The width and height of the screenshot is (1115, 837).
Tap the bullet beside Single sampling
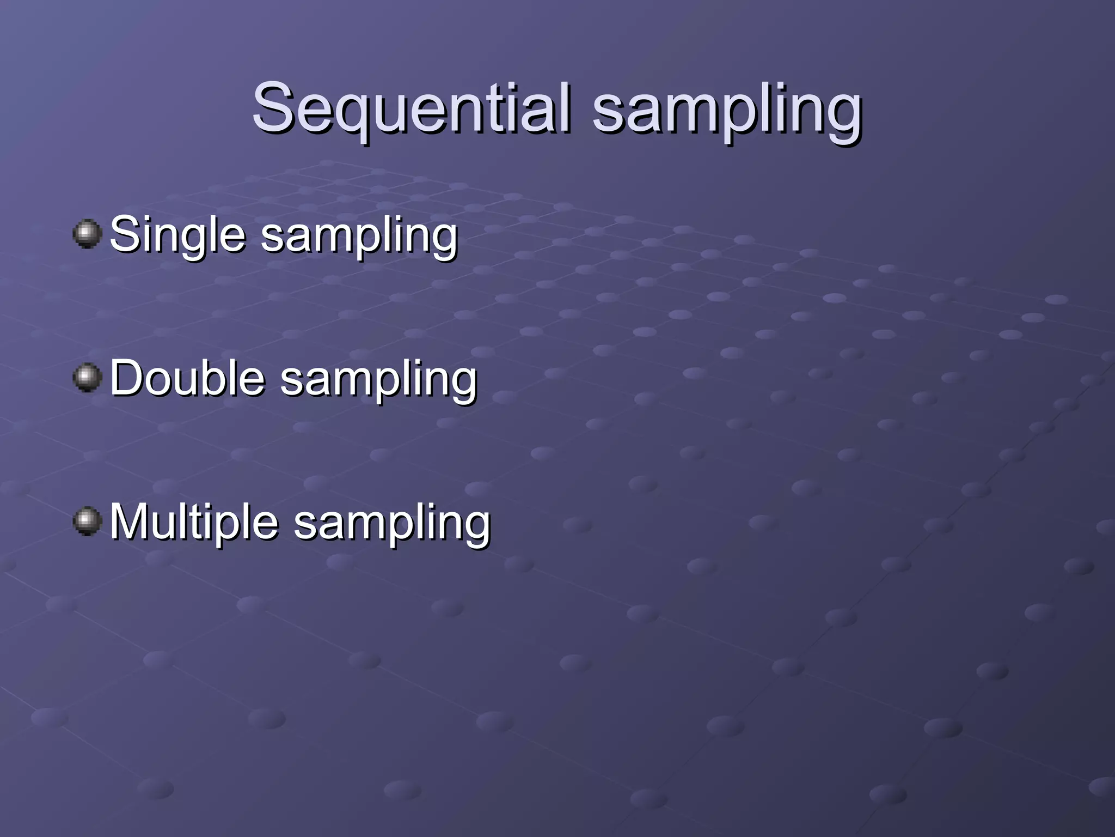(87, 234)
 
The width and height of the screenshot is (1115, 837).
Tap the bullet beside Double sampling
(87, 378)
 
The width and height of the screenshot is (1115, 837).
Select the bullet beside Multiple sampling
(87, 521)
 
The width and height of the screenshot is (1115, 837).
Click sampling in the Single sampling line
(359, 236)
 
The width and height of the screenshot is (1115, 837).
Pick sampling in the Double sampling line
(378, 380)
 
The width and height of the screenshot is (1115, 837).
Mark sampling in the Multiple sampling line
(392, 524)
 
